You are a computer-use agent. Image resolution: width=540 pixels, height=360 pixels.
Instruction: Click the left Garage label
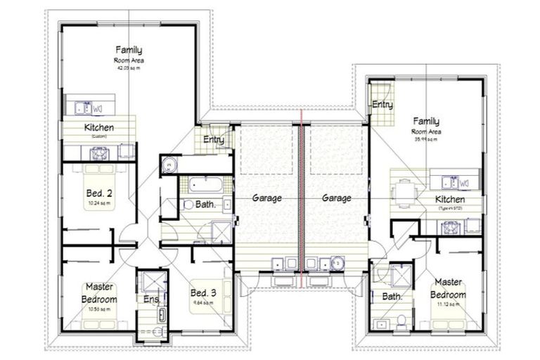(x=268, y=198)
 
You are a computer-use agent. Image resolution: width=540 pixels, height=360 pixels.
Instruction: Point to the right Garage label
(x=336, y=198)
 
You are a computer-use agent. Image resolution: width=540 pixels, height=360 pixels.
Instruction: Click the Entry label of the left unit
(x=214, y=140)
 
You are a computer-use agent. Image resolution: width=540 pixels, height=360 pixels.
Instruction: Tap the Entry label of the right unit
(x=382, y=105)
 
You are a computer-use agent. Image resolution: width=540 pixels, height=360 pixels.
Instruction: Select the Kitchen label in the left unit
(x=99, y=128)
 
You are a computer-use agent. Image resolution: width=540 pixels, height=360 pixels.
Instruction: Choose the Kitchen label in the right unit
(x=450, y=200)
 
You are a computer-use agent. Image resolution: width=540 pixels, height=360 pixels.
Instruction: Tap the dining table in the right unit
(x=404, y=191)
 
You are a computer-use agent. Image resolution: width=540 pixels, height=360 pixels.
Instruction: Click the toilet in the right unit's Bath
(x=399, y=321)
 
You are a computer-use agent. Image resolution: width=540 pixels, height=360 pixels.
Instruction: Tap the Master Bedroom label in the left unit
(x=100, y=292)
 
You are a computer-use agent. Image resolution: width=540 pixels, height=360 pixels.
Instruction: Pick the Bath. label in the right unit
(x=392, y=297)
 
